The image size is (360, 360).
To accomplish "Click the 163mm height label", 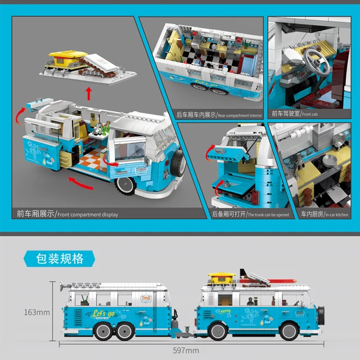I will tap(35, 310).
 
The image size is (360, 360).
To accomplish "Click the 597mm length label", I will tap(185, 351).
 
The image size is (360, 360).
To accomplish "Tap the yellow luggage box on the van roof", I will tap(220, 278).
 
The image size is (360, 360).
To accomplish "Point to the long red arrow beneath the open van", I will tap(84, 183).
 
